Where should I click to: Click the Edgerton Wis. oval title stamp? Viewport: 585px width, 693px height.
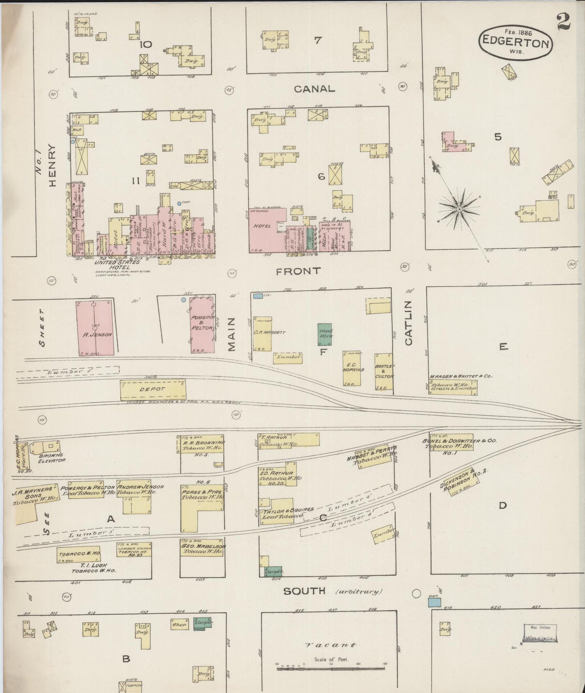pos(515,42)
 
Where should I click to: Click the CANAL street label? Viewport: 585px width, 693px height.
pos(315,89)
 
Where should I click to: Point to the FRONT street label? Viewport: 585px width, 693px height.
pos(298,271)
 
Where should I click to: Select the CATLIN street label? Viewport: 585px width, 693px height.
pos(408,323)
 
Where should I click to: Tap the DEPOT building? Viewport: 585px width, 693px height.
pos(153,389)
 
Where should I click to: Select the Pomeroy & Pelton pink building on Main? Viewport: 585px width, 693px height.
pos(202,324)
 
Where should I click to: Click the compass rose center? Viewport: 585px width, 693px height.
pos(459,209)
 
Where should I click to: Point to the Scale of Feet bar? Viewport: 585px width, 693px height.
pos(331,669)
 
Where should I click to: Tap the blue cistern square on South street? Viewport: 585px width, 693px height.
pos(434,602)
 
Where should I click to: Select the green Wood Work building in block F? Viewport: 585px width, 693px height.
pos(325,334)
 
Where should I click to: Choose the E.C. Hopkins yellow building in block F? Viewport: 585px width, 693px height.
pos(351,368)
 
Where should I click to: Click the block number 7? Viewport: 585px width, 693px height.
pos(318,40)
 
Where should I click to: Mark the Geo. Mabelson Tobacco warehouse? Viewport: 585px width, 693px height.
pos(201,548)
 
